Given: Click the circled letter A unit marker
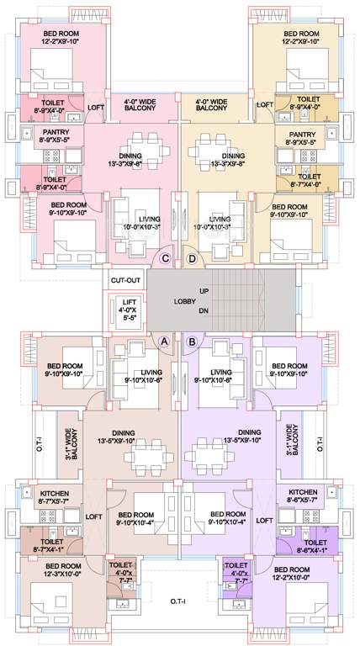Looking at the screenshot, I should [x=165, y=342].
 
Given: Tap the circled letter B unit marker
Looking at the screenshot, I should [x=193, y=342].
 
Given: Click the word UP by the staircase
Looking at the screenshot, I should [x=204, y=291].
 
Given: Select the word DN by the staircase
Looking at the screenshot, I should [x=204, y=310].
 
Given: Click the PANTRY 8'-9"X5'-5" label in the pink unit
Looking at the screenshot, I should [x=56, y=136].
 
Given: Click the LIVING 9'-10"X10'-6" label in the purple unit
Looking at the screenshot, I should [x=222, y=377].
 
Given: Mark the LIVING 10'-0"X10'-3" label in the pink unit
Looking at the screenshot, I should [x=151, y=223].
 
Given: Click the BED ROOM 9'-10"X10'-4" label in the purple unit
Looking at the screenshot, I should [x=227, y=518].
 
